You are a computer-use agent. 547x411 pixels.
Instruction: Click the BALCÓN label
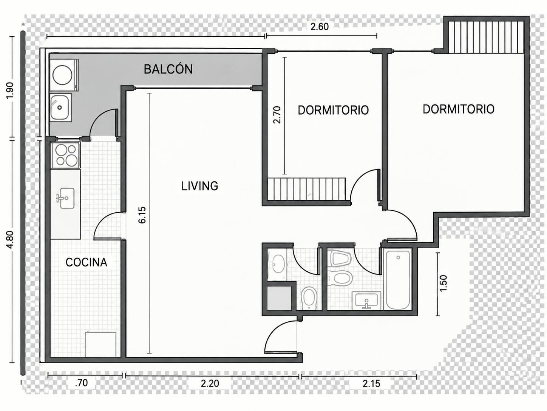[x=168, y=69]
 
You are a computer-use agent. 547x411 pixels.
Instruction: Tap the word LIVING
[x=199, y=186]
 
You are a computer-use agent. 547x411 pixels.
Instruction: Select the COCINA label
[x=86, y=262]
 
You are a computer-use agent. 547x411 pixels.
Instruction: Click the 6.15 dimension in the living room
[x=142, y=215]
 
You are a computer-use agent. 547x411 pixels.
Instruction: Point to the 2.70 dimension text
[x=277, y=115]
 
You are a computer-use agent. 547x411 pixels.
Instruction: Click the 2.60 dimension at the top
[x=320, y=26]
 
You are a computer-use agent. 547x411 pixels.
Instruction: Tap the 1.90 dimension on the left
[x=11, y=90]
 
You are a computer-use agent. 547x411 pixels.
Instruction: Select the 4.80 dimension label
[x=11, y=240]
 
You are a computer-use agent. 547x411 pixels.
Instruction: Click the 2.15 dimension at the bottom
[x=371, y=383]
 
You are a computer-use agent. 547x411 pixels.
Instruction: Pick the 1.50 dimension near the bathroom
[x=443, y=283]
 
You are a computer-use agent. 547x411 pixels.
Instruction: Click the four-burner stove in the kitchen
[x=65, y=155]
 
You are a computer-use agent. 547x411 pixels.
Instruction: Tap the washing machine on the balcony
[x=64, y=75]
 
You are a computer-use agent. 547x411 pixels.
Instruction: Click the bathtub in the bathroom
[x=398, y=280]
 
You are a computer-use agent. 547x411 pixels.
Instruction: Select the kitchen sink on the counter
[x=65, y=198]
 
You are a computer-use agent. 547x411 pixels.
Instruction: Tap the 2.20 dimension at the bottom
[x=210, y=383]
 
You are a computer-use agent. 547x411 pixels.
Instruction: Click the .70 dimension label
[x=81, y=383]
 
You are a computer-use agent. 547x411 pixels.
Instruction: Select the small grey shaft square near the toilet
[x=279, y=299]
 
